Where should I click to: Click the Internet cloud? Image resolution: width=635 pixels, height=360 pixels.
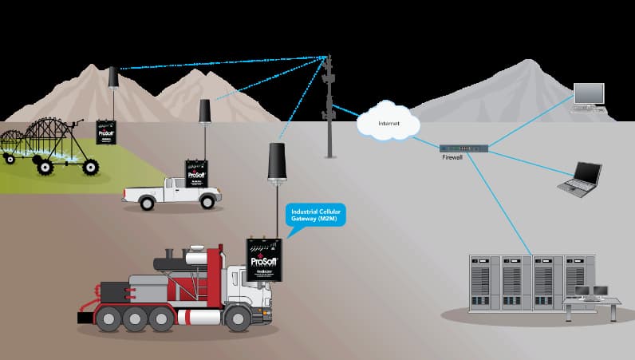pyautogui.click(x=388, y=122)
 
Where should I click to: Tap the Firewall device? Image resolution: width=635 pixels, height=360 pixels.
pyautogui.click(x=463, y=148)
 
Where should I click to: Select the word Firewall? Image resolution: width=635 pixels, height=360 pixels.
pyautogui.click(x=452, y=158)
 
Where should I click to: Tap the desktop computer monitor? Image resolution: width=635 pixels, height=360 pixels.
pyautogui.click(x=590, y=95)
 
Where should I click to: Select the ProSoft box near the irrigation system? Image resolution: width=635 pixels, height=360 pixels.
pyautogui.click(x=106, y=132)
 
